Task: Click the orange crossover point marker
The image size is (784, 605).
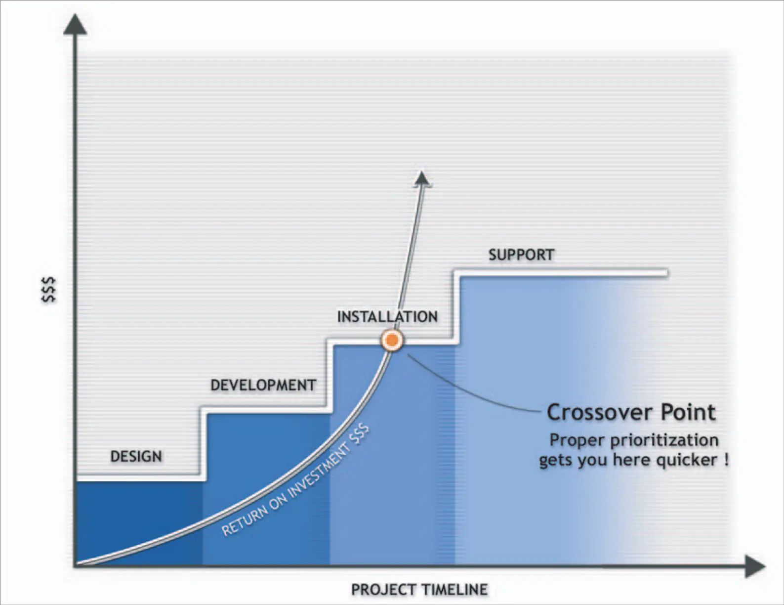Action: tap(392, 340)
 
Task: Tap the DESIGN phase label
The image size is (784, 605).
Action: tap(136, 456)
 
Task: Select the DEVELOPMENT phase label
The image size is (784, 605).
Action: tap(263, 385)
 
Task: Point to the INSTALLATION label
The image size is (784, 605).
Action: tap(387, 316)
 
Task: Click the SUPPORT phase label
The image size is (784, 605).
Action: tap(521, 255)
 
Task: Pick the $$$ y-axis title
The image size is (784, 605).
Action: tap(49, 289)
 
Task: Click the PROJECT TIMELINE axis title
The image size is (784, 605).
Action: tap(419, 590)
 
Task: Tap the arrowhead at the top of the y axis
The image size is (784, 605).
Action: tap(75, 25)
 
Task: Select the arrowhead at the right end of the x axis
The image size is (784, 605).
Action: tap(755, 566)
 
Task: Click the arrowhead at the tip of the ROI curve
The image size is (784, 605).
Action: tap(422, 179)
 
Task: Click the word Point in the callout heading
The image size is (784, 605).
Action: tap(688, 412)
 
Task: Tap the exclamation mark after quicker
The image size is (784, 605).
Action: tap(726, 459)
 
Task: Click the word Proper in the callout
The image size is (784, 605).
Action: tap(577, 441)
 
